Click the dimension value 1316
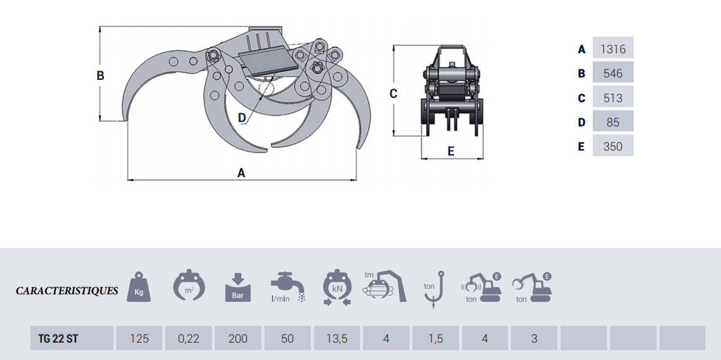pos(613,49)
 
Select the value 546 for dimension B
pos(613,74)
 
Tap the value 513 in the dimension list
pos(613,98)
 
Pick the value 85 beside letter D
pos(613,122)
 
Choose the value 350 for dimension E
pos(613,147)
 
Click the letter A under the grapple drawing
pos(241,173)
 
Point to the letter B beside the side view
pos(100,76)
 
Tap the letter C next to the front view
pos(393,94)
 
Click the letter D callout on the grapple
pos(242,118)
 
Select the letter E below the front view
pos(451,151)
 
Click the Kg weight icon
pos(139,287)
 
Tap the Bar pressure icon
pos(238,287)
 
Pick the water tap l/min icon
pos(287,287)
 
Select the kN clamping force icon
pos(337,288)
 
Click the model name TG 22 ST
pos(58,339)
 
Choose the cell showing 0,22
pos(188,338)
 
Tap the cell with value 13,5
pos(337,338)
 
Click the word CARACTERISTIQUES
pos(67,291)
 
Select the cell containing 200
pos(238,338)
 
